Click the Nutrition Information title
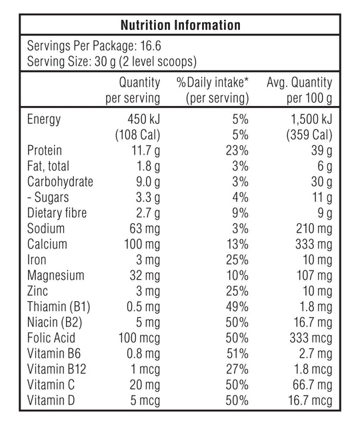179,25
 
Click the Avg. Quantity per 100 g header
299,91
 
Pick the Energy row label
43,120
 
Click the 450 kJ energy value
141,120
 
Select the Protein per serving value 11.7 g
143,151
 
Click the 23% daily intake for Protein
237,151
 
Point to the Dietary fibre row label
57,213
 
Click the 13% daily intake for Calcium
237,244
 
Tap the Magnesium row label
55,275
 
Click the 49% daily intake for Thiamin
237,306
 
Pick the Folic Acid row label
49,338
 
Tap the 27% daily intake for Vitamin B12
237,368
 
